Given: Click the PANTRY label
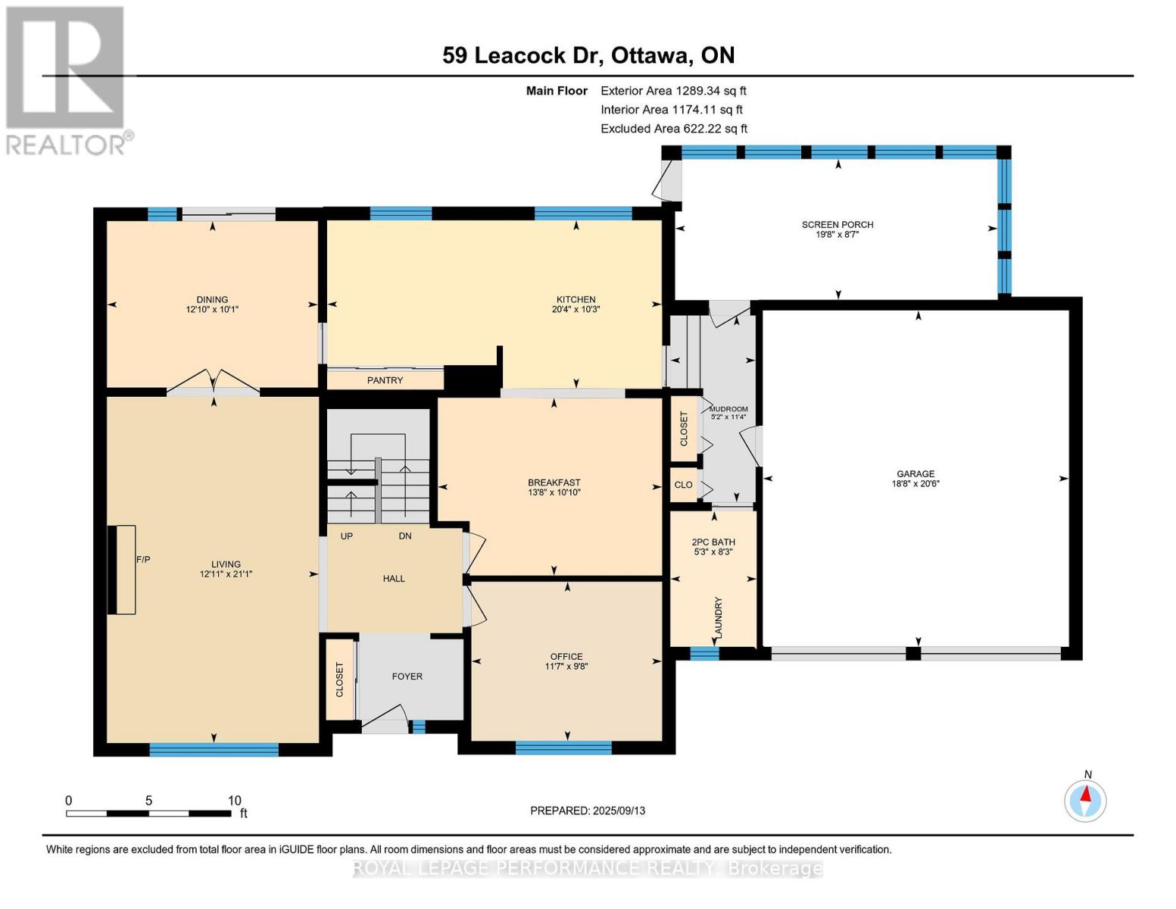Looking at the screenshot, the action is point(385,380).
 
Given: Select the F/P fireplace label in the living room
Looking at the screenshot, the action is point(143,559).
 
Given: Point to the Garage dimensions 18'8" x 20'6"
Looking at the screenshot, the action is point(916,483).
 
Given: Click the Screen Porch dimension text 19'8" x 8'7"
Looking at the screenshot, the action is point(838,234).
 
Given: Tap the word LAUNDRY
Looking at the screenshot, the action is point(718,617).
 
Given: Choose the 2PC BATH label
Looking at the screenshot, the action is point(713,542).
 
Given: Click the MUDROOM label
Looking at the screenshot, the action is point(728,409).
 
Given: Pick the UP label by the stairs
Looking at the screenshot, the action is point(346,536).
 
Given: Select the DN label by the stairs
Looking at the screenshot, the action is point(405,536).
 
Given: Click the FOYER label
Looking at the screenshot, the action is point(407,676).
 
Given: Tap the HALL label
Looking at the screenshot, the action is point(394,578).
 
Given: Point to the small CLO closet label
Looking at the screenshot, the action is point(683,485).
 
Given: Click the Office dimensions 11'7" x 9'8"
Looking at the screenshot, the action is point(566,666).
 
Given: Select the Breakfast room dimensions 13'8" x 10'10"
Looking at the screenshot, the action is point(554,492).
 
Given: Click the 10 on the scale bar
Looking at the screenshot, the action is point(234,800).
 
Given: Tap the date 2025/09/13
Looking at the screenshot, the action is point(619,811).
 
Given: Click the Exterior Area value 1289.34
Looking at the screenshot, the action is point(695,91).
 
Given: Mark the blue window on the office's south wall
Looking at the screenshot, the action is point(563,748).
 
